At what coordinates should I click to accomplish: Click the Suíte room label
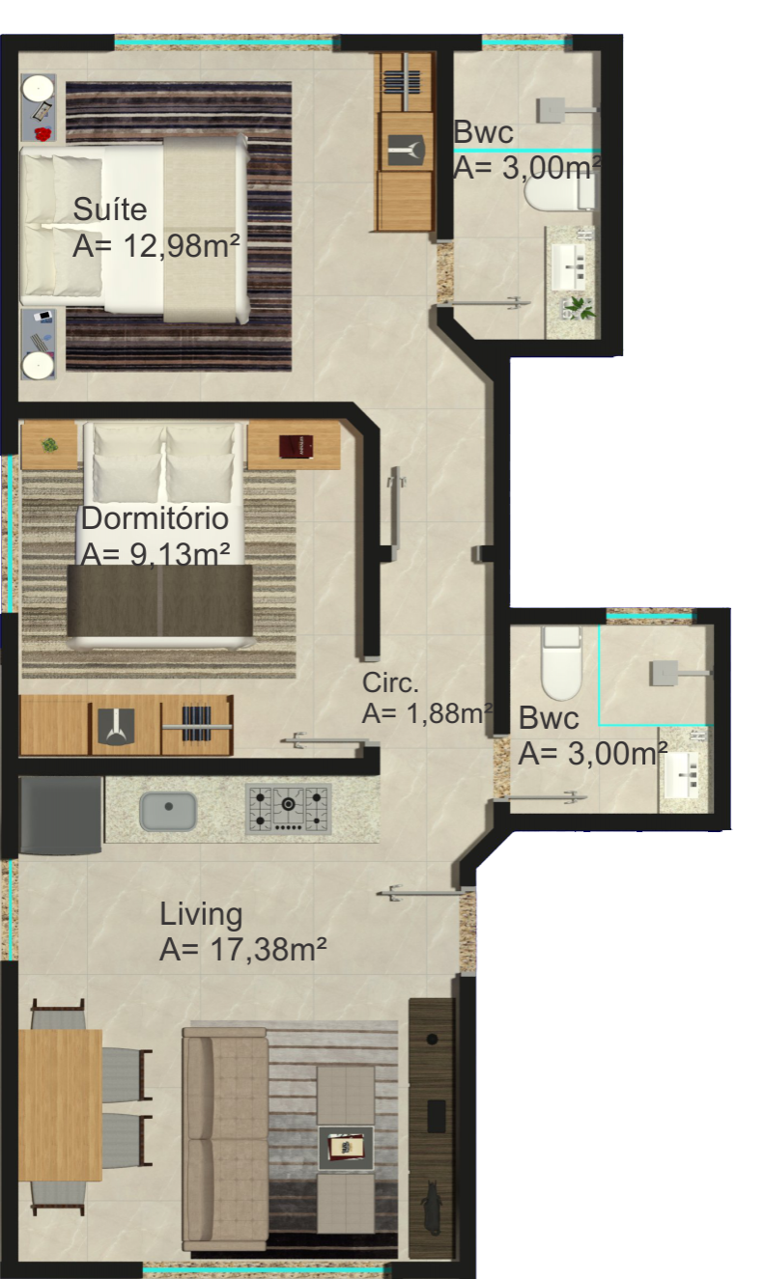pos(110,209)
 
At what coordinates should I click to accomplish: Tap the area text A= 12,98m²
pos(156,245)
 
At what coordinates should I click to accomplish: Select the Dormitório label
pos(155,518)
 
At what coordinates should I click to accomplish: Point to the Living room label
pos(201,913)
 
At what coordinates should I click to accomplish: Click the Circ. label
pos(390,682)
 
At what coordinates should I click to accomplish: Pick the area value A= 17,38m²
pos(242,949)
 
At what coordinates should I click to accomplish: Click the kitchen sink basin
pos(168,811)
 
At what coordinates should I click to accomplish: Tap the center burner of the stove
pos(289,804)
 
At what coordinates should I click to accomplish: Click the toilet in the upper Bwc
pos(559,194)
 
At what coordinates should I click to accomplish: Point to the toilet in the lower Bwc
pos(561,663)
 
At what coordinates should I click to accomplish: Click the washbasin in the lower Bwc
pos(682,775)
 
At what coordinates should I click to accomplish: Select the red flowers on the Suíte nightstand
pos(43,134)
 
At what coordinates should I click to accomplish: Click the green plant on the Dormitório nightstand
pos(50,444)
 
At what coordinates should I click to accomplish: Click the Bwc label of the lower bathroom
pos(549,718)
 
